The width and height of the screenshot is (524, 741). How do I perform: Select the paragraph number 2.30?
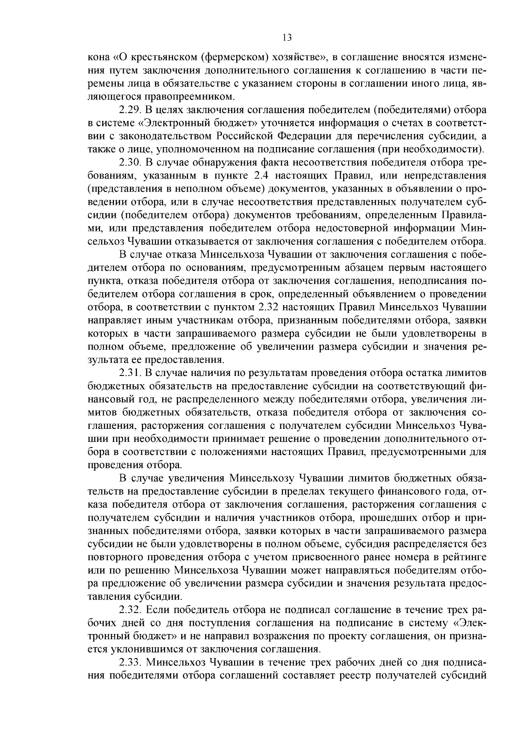(x=130, y=162)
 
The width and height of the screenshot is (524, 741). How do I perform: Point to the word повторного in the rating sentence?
(x=115, y=558)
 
